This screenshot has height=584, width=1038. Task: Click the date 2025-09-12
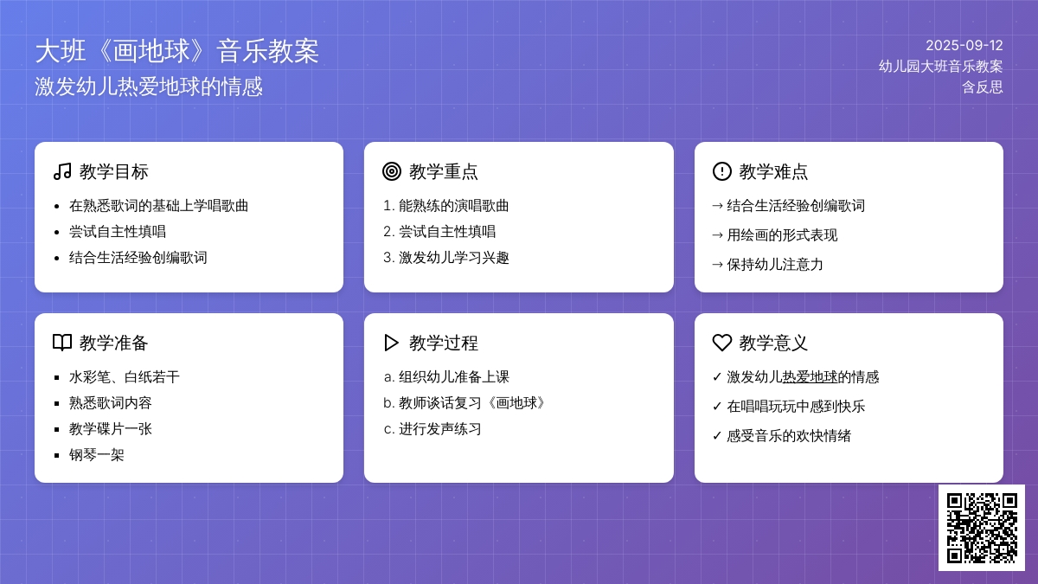point(964,45)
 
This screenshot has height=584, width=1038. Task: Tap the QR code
point(982,528)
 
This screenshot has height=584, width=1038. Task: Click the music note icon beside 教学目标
point(62,171)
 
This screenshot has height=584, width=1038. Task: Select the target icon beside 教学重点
point(392,171)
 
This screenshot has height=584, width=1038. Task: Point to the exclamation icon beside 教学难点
point(722,171)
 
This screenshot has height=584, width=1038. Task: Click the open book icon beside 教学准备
point(62,343)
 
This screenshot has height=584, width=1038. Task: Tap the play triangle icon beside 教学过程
point(392,343)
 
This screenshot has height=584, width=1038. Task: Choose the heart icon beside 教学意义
point(722,343)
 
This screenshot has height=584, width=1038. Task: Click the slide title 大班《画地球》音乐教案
point(177,51)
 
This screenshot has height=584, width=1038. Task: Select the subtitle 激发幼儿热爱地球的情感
point(149,87)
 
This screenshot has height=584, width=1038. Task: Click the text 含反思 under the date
point(983,87)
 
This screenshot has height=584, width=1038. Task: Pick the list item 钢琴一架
point(96,455)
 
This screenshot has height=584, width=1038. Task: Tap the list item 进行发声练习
point(439,429)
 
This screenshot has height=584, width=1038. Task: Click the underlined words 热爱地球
point(810,377)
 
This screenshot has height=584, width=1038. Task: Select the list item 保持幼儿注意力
point(775,264)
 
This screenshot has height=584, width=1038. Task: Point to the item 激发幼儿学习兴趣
point(453,257)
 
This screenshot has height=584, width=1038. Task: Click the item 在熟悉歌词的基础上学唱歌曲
point(159,205)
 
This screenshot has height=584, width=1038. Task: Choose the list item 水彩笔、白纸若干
point(125,377)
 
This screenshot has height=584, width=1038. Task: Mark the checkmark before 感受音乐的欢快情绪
point(717,436)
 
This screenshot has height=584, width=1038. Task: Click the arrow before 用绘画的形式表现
point(717,235)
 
